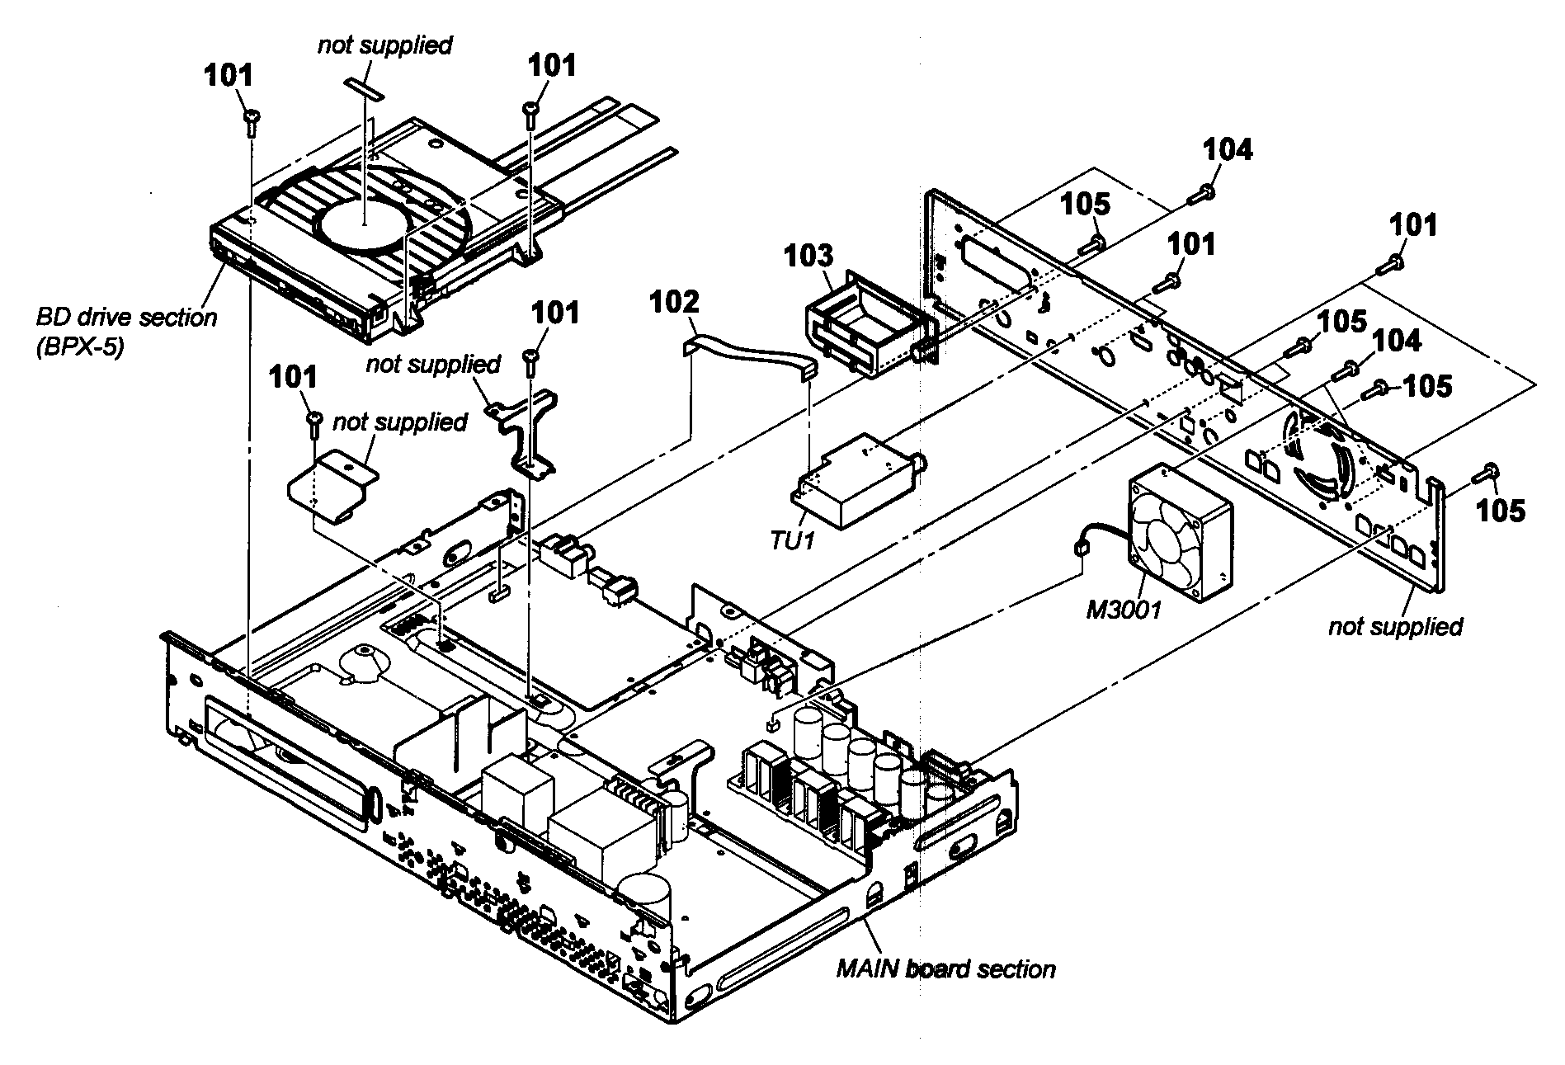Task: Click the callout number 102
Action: tap(675, 302)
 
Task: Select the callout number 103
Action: tap(808, 256)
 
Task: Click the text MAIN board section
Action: tap(945, 968)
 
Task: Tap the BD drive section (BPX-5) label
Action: tap(125, 331)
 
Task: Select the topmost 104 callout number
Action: tap(1227, 150)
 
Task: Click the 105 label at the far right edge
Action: tap(1501, 511)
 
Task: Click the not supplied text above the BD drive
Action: tap(384, 45)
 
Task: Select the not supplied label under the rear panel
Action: tap(1394, 626)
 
